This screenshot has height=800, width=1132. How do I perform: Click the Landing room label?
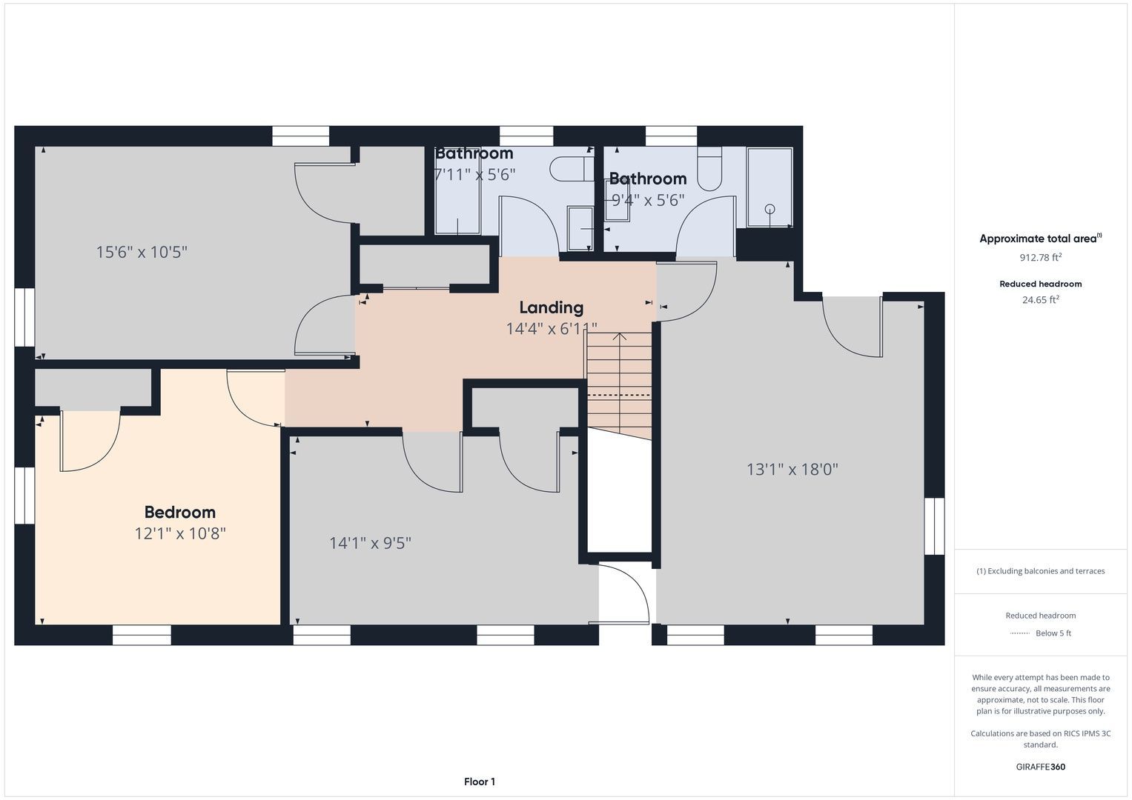pos(552,307)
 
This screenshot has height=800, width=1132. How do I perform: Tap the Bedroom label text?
pos(180,512)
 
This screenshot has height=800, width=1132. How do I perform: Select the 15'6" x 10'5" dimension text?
pos(142,252)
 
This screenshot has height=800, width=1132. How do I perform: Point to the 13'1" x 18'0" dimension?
pos(792,469)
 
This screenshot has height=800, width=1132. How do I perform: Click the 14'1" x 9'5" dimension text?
pos(370,543)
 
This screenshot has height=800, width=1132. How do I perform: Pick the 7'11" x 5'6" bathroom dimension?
pos(475,174)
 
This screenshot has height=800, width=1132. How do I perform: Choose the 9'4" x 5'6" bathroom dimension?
pos(648,200)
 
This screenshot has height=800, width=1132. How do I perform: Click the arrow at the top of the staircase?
pos(620,337)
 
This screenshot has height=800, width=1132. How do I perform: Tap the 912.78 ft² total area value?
pos(1040,257)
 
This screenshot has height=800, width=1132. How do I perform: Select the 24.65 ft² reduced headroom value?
pos(1041,299)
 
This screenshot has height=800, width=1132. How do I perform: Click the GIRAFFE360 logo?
pos(1041,766)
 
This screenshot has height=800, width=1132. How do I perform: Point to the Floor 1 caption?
pos(480,781)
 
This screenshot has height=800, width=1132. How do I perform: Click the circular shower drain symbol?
pos(769,209)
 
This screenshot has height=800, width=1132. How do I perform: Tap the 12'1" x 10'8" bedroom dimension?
pos(180,533)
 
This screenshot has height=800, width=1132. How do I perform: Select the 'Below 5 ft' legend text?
pos(1053,633)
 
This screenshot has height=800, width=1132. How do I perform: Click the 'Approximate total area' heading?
pos(1040,239)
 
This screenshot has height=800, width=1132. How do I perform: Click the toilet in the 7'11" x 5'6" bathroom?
pos(572,169)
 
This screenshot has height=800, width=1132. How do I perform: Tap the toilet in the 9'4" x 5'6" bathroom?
pos(709,169)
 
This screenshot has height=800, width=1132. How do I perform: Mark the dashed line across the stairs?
pos(619,394)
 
